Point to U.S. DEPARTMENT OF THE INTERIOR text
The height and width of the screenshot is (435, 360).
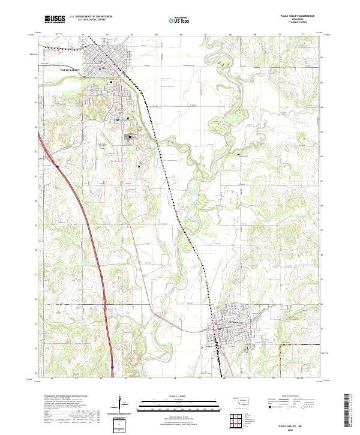point(91,17)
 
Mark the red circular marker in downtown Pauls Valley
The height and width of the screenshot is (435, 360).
point(103,67)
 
